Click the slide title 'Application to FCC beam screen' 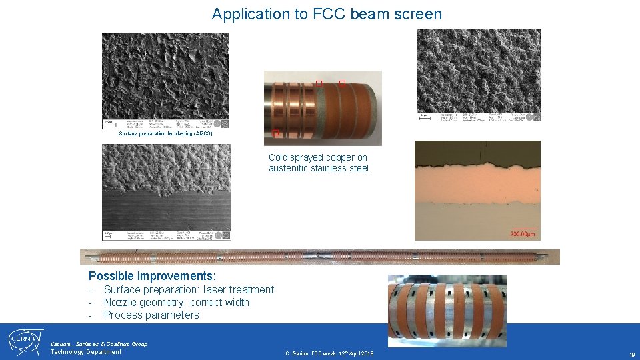pyautogui.click(x=327, y=14)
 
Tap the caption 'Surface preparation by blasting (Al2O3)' pyautogui.click(x=165, y=134)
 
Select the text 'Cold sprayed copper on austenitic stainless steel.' pyautogui.click(x=319, y=163)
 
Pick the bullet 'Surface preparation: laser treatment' pyautogui.click(x=189, y=289)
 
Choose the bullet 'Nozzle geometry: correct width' pyautogui.click(x=176, y=302)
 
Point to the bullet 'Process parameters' pyautogui.click(x=151, y=315)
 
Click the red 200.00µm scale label pyautogui.click(x=523, y=234)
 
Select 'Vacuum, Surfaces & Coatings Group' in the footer pyautogui.click(x=99, y=344)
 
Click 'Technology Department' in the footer pyautogui.click(x=86, y=352)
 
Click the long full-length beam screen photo pyautogui.click(x=319, y=257)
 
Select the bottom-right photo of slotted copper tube pyautogui.click(x=447, y=310)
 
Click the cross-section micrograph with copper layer pyautogui.click(x=477, y=190)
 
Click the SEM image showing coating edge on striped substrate pyautogui.click(x=165, y=192)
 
